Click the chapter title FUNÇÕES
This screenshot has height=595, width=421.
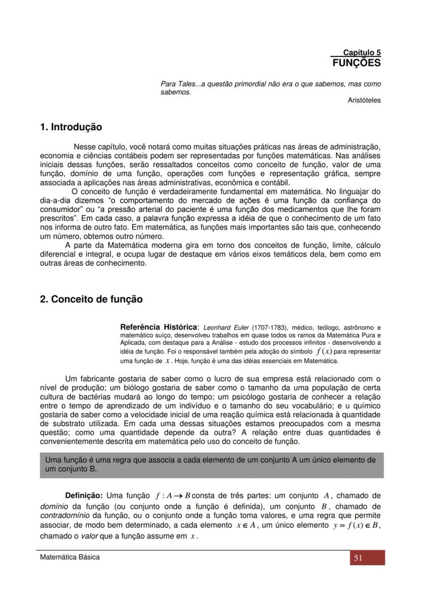[x=356, y=64]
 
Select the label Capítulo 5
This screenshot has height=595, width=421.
[x=362, y=52]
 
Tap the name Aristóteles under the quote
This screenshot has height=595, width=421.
[x=364, y=100]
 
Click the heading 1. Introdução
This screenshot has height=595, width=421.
[x=71, y=127]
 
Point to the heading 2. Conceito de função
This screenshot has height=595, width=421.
[x=91, y=299]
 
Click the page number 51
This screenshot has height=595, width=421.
[x=358, y=558]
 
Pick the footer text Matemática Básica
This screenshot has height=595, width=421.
[x=70, y=557]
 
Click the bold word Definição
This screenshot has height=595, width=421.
[x=84, y=495]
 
